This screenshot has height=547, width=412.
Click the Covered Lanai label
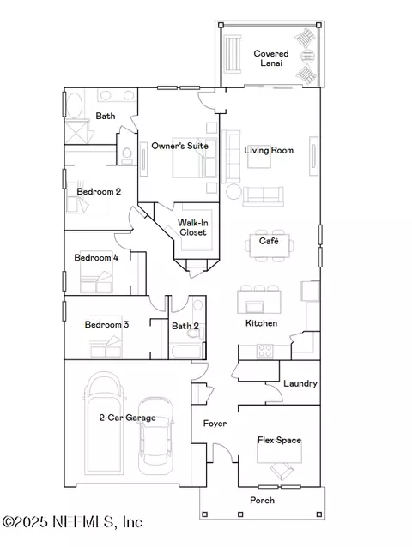[x=271, y=58]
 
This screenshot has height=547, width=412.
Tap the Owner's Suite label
[x=179, y=146]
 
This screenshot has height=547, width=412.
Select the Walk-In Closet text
[x=193, y=227]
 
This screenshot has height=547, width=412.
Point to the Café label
[x=269, y=241]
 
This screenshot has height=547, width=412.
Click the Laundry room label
[x=300, y=384]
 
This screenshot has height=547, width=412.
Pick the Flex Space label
[x=279, y=440]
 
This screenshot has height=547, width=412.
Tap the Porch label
[x=262, y=500]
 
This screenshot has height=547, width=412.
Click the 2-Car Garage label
[x=127, y=418]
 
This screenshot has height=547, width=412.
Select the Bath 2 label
[x=185, y=326]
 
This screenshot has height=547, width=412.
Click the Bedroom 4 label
[x=96, y=258]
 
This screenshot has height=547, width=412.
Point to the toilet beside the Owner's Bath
[x=127, y=155]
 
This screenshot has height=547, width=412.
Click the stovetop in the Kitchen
[x=265, y=351]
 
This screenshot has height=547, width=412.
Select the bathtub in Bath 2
[x=187, y=351]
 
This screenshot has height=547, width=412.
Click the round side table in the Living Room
[x=233, y=192]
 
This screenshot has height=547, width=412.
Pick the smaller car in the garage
[x=155, y=436]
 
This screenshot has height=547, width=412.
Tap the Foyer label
[x=215, y=424]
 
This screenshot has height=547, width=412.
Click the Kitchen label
[x=262, y=323]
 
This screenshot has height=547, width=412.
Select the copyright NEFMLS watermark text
[x=73, y=522]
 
